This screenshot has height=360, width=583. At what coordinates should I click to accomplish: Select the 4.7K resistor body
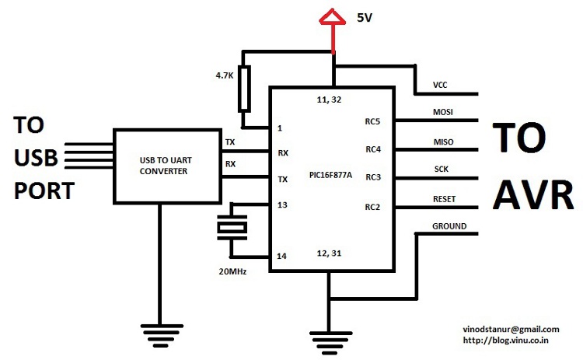244,89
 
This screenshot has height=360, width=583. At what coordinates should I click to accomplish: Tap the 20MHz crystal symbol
232,227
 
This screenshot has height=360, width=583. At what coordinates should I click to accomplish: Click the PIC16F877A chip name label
330,175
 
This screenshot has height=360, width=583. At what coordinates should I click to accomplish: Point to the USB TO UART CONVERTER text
166,166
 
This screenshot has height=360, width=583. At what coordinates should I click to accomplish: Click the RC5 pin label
372,121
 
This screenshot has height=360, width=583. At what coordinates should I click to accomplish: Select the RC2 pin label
372,207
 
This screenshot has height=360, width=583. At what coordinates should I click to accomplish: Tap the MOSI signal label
443,112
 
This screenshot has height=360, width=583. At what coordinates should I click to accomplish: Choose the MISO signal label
444,142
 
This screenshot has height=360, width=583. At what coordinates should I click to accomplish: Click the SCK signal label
442,170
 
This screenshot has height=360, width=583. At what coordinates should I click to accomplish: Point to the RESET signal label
445,199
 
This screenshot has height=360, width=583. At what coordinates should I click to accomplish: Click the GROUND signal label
449,226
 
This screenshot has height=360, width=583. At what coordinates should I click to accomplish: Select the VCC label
440,85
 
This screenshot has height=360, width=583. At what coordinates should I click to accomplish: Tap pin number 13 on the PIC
282,205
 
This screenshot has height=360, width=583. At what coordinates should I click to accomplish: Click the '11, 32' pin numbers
329,100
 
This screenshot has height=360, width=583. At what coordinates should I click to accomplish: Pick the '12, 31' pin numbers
329,253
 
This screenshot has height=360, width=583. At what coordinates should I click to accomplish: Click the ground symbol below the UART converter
162,335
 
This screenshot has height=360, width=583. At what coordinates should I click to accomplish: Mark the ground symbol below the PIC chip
330,343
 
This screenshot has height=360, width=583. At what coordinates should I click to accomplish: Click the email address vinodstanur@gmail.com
511,330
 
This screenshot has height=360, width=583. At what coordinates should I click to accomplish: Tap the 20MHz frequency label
232,271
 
